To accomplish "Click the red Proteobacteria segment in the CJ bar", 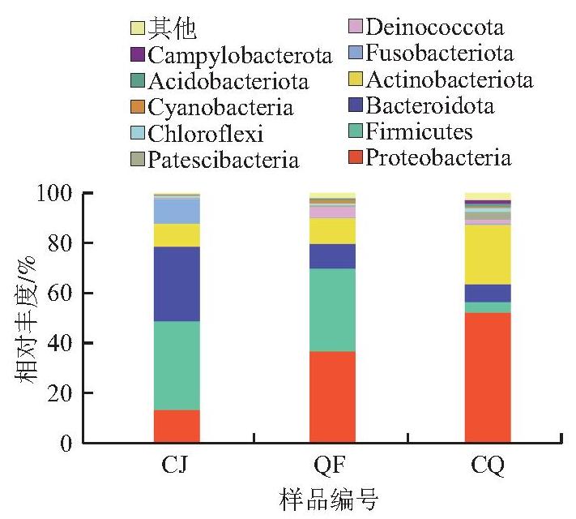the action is coord(177,426).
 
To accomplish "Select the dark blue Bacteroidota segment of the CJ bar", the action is coord(177,284).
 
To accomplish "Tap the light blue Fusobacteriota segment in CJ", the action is coord(177,212).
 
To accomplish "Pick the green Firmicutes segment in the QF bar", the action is coord(332,310).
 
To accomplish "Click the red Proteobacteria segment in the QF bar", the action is coord(332,397).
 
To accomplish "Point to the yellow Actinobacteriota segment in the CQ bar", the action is coord(488,255).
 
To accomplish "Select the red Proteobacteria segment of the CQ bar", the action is coord(488,378).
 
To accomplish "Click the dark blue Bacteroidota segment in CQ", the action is coord(488,294).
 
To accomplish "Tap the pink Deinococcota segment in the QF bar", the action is coord(332,212).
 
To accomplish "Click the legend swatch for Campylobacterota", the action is coord(138,54).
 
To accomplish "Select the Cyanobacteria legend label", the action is coord(220,108).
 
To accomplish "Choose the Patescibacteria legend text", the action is coord(224,160).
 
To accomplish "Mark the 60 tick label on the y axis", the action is coord(59,294).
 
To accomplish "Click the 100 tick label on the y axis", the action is coord(55,194).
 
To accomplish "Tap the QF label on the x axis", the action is coord(330,465).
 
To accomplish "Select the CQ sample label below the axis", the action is coord(488,465).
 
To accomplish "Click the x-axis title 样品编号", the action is coord(329,500).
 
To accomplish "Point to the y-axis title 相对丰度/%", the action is coord(26,319).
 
